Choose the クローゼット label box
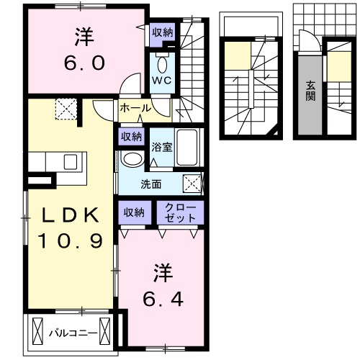click(181, 212)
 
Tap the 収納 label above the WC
click(162, 32)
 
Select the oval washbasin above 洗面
click(132, 160)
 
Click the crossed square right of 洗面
click(192, 184)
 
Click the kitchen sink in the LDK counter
click(70, 161)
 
